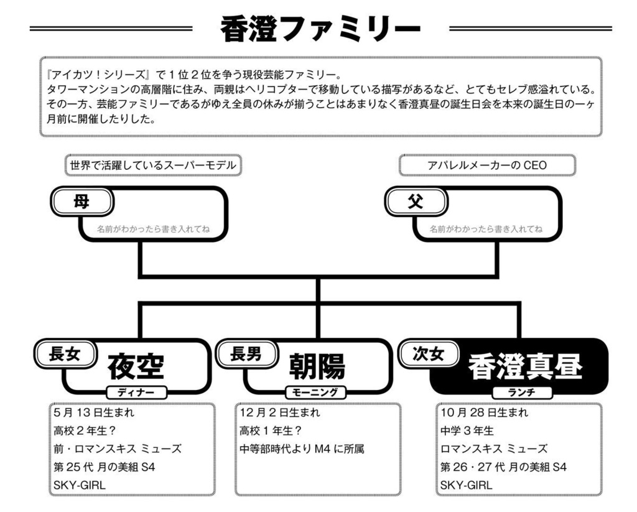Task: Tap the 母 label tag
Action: pos(81,202)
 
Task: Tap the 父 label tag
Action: pos(415,202)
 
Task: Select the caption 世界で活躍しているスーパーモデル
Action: pos(153,165)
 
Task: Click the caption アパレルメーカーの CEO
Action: pos(486,165)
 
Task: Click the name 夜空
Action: pos(136,366)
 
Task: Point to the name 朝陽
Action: pos(316,366)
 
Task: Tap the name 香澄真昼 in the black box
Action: pos(525,366)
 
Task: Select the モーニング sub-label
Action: pos(315,392)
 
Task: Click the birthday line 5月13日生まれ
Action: pos(94,412)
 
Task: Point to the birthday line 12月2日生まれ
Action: pos(280,412)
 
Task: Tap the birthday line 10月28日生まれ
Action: pos(484,412)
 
